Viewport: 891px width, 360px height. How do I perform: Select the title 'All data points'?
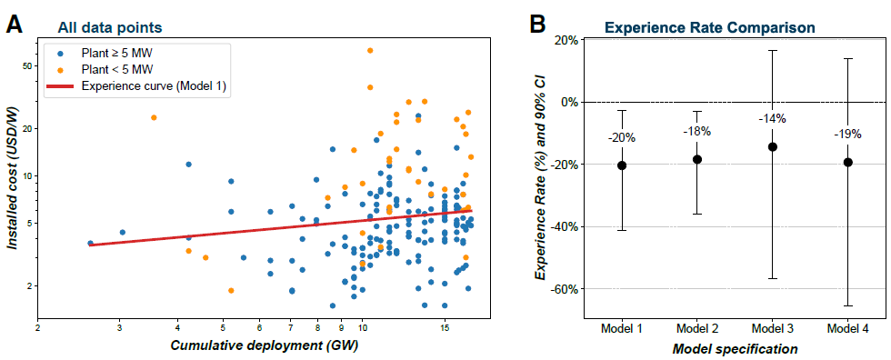109,27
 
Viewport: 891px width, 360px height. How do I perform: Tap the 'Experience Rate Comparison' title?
710,27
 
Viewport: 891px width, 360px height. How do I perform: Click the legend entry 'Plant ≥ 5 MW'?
117,54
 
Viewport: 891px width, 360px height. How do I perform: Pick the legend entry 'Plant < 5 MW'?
117,69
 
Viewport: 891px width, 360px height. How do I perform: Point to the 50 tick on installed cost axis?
26,65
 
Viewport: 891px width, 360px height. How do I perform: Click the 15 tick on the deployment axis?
445,327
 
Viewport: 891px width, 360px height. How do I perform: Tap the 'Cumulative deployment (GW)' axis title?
265,345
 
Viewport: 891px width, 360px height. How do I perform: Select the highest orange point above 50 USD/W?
370,51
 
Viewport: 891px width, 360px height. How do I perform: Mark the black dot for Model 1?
622,165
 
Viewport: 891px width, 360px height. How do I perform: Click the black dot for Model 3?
772,146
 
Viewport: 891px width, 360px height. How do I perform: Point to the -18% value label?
696,131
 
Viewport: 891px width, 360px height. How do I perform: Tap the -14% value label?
772,119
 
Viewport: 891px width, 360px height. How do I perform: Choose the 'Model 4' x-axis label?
847,329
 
